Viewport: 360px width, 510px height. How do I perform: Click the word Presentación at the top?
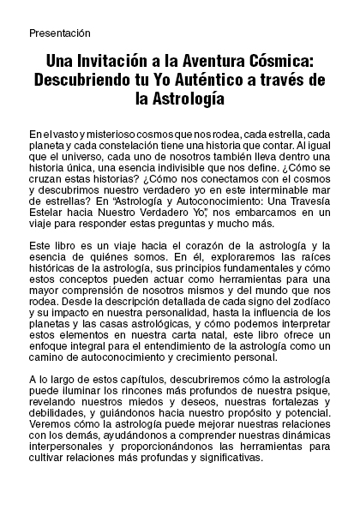pyautogui.click(x=58, y=33)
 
